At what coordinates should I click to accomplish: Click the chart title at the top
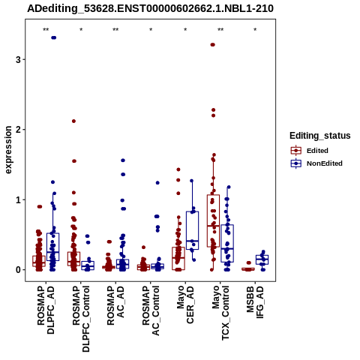pos(150,8)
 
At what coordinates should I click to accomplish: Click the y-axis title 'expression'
pos(8,150)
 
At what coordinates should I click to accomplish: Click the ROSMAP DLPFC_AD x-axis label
pos(46,310)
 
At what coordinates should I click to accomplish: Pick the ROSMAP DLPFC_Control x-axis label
pos(81,319)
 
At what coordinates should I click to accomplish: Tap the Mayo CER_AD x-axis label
pos(185,304)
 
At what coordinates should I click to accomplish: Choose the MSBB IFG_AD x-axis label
pos(255,302)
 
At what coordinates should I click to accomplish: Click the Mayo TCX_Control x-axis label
pos(220,313)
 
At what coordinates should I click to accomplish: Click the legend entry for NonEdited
pos(316,163)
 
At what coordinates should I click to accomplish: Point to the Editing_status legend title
pos(320,136)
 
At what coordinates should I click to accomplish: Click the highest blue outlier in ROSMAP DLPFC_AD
pos(53,37)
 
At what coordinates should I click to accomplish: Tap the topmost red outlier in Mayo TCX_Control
pos(213,45)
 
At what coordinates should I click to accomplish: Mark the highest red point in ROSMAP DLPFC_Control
pos(73,121)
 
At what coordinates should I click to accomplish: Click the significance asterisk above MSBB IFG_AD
pos(255,30)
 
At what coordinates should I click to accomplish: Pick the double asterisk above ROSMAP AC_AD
pos(115,30)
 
